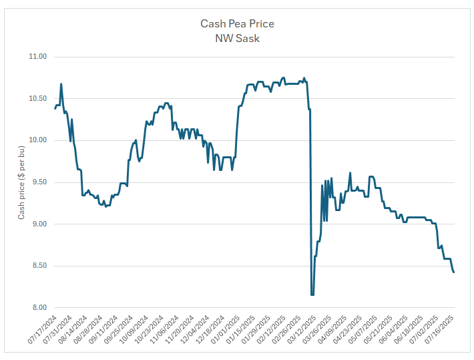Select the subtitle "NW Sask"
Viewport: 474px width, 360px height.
point(237,38)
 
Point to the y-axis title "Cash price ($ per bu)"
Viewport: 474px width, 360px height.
point(21,182)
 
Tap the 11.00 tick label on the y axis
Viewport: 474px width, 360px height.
point(37,57)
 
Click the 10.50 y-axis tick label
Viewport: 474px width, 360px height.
point(37,99)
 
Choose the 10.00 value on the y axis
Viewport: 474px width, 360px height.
point(37,140)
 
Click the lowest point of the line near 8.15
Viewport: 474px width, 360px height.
point(312,295)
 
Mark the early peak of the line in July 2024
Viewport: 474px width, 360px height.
point(61,84)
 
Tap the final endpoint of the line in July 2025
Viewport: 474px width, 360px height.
point(454,272)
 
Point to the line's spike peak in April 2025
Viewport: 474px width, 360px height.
point(350,173)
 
